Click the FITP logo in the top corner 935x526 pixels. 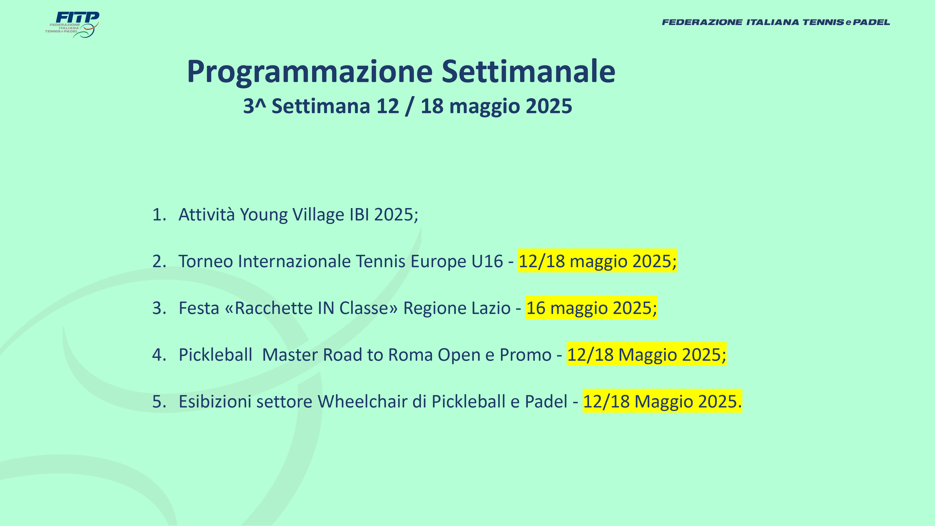click(x=72, y=25)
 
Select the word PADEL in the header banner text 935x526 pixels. click(x=871, y=22)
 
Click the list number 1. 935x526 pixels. click(x=159, y=215)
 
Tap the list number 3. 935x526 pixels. click(x=159, y=308)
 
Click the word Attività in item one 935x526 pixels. click(x=207, y=215)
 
